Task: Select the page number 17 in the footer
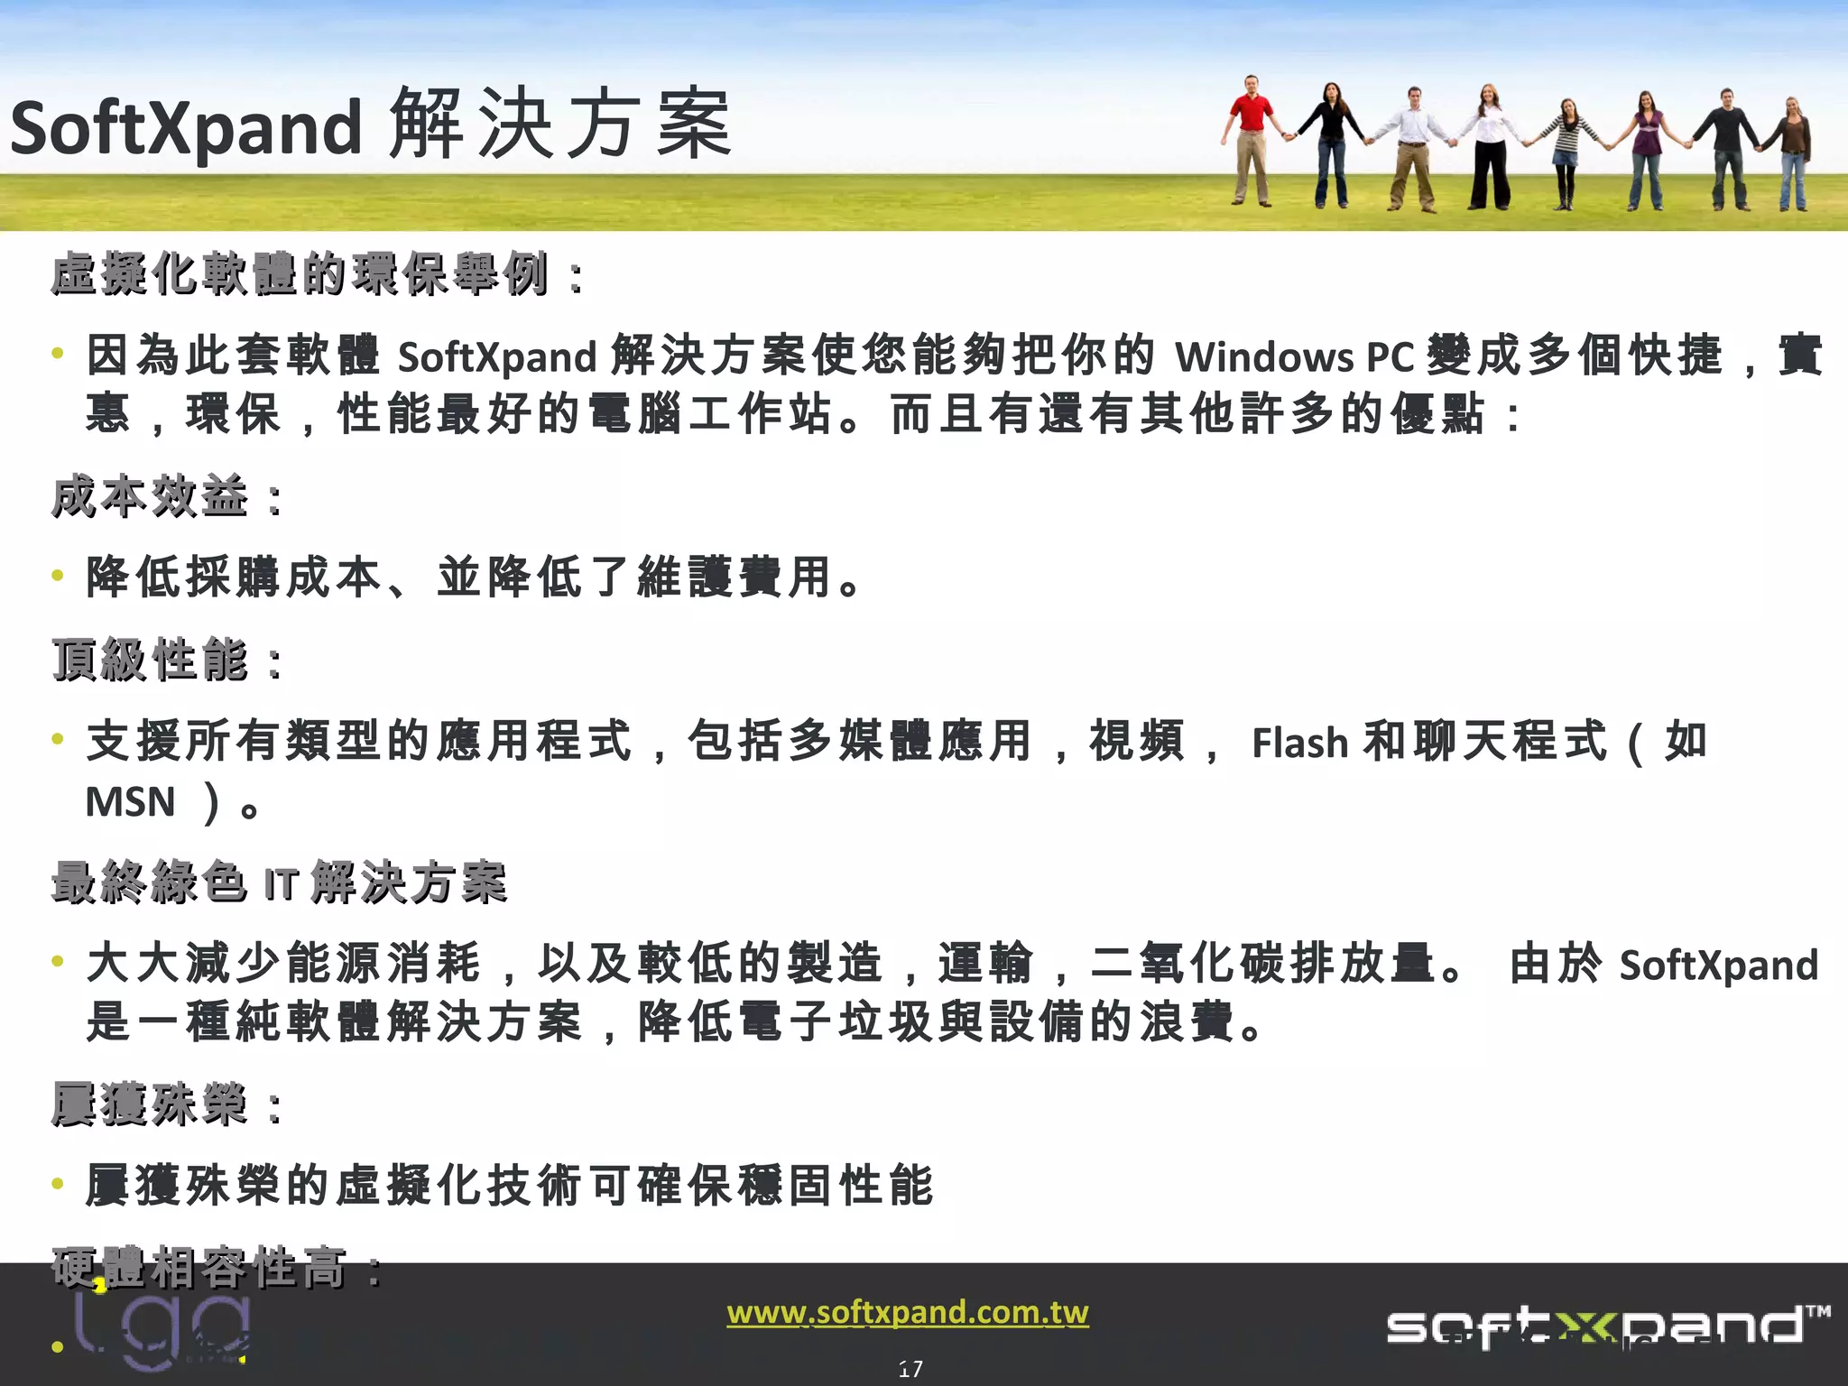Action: [910, 1369]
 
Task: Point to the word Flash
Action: [1299, 743]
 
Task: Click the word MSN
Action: [130, 801]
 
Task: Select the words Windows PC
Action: [1294, 356]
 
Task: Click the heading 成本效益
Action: [150, 497]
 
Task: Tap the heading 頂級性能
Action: [150, 661]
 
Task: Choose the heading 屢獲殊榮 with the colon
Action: [167, 1104]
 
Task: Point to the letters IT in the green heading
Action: [280, 884]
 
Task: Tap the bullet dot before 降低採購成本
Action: [58, 575]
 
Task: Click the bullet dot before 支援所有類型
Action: [58, 739]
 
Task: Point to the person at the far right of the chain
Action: [1793, 153]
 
